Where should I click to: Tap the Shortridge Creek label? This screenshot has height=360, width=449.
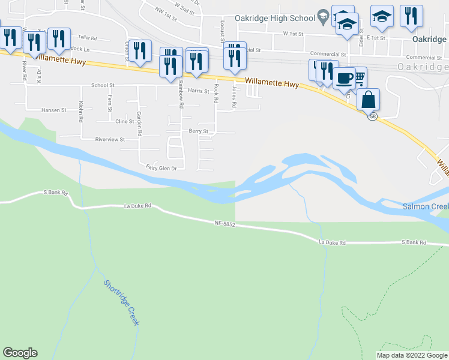click(x=121, y=303)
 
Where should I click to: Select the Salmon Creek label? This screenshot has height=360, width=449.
click(x=424, y=206)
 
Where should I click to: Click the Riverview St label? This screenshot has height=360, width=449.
click(x=109, y=139)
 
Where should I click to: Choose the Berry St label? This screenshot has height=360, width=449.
click(x=198, y=131)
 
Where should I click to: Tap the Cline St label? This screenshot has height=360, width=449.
click(x=124, y=121)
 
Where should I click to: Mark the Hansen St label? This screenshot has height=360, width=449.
click(x=53, y=110)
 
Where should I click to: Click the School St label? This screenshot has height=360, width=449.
click(x=103, y=86)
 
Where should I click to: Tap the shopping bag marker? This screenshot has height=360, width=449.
click(x=368, y=99)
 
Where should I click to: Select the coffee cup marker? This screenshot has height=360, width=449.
click(x=344, y=79)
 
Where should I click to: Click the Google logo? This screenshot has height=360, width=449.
click(x=20, y=353)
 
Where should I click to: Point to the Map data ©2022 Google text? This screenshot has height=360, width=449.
click(x=412, y=355)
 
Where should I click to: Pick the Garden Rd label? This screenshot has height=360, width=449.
click(x=139, y=124)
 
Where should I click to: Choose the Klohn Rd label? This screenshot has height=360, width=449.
click(x=80, y=112)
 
